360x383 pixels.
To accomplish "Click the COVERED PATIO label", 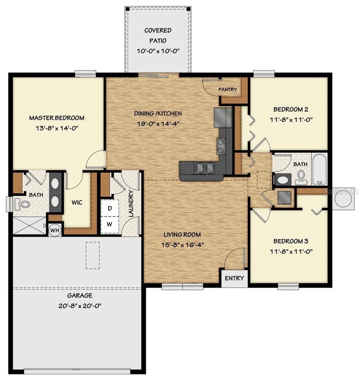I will coord(158,35).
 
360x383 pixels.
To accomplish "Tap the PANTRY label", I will coord(228,89).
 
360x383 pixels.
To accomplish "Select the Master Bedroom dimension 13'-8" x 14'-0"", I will coord(57,128).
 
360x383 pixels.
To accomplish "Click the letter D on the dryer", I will coord(110,209).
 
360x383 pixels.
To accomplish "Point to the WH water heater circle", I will coord(55,230).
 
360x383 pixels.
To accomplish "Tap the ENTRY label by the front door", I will coord(235,278).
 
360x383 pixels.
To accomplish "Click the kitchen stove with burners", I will coord(221,146).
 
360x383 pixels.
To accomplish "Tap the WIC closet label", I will coord(77,203).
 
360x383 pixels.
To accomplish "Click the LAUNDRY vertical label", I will coord(131,204).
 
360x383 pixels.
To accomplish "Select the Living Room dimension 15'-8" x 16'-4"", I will coord(182,245).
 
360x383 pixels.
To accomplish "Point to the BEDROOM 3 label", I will coord(291,241).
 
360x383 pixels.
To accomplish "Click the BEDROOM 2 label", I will coord(291,110).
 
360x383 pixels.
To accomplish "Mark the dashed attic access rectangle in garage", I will coord(93,255).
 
